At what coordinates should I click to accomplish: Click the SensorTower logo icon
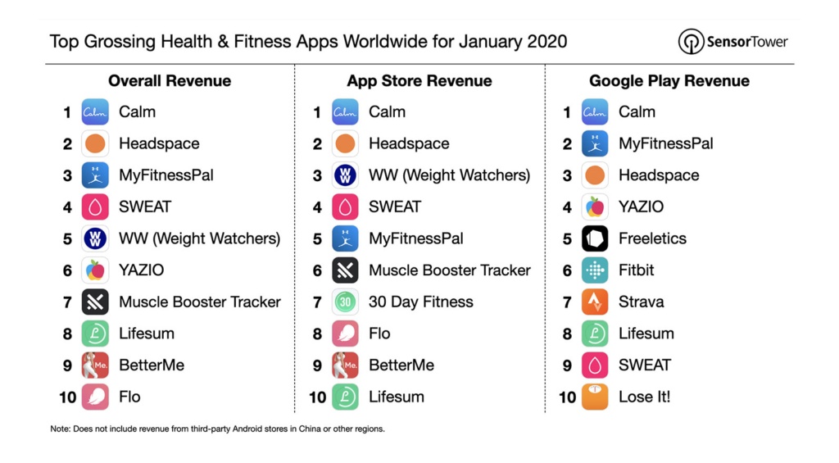pyautogui.click(x=691, y=42)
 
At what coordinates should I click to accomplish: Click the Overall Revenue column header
pyautogui.click(x=170, y=80)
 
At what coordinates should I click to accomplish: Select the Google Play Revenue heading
pyautogui.click(x=669, y=80)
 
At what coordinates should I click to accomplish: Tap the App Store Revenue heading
pyautogui.click(x=419, y=80)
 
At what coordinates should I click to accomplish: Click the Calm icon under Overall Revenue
pyautogui.click(x=95, y=112)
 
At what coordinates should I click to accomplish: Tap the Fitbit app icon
pyautogui.click(x=595, y=270)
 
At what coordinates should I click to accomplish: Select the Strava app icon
pyautogui.click(x=595, y=302)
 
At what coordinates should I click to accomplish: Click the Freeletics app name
pyautogui.click(x=652, y=238)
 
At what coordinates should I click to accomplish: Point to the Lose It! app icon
pyautogui.click(x=595, y=397)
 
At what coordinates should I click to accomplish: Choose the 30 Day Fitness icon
pyautogui.click(x=345, y=302)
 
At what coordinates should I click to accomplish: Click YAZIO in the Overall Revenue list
pyautogui.click(x=142, y=270)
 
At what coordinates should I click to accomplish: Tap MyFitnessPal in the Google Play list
pyautogui.click(x=665, y=143)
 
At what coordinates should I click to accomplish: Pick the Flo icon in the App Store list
pyautogui.click(x=345, y=334)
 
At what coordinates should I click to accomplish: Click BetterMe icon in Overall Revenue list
pyautogui.click(x=95, y=365)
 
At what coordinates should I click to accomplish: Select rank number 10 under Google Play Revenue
pyautogui.click(x=568, y=397)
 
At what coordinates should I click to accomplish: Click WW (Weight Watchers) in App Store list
pyautogui.click(x=449, y=175)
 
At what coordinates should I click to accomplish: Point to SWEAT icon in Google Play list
pyautogui.click(x=595, y=365)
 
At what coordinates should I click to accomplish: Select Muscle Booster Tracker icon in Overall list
pyautogui.click(x=95, y=302)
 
